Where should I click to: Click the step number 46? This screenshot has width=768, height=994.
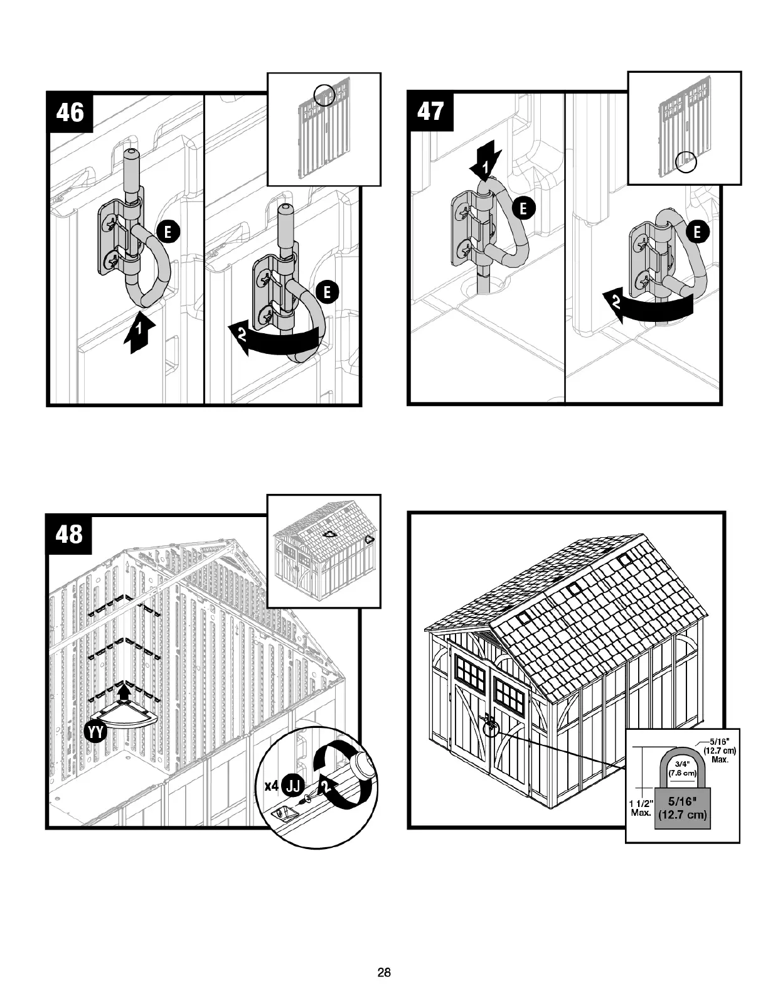70,113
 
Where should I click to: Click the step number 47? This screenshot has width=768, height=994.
430,112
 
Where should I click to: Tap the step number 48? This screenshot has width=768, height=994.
70,534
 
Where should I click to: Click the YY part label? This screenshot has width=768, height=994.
96,732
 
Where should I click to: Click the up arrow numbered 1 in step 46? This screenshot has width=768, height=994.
139,333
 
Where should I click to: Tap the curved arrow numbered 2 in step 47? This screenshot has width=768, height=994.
646,306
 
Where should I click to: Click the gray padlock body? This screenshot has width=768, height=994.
681,808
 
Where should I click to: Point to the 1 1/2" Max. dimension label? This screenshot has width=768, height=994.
641,808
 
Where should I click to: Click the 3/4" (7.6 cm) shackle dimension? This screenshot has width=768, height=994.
682,768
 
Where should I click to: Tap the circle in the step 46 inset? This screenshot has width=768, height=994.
324,95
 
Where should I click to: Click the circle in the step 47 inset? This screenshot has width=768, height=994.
686,161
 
